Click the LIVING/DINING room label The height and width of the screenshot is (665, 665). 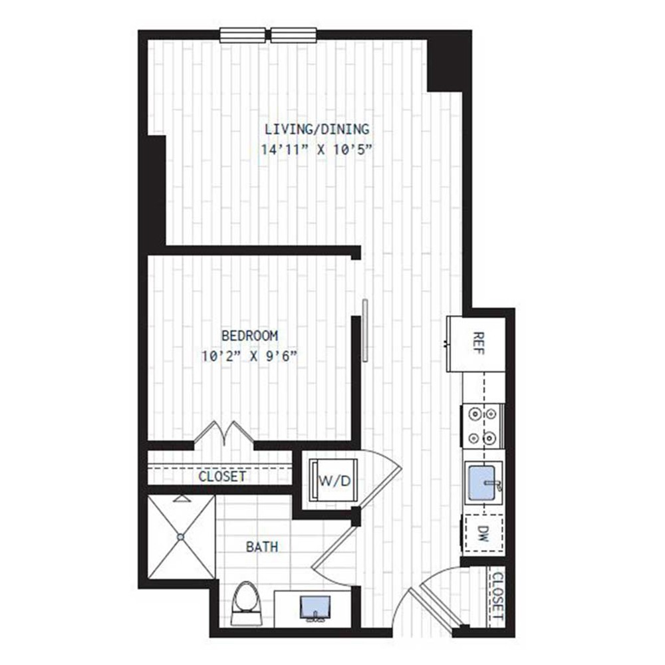[316, 129]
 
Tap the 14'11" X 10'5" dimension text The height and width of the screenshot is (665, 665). [316, 150]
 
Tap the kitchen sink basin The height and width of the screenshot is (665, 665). [482, 480]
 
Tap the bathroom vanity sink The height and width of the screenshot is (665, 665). [313, 607]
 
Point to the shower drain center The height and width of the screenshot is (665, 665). [180, 536]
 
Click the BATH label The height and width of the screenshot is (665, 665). [262, 547]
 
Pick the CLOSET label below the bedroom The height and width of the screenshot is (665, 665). [222, 476]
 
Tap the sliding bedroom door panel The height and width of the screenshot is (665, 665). [365, 331]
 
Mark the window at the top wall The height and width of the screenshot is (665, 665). [268, 35]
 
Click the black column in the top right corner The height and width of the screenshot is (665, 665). [448, 61]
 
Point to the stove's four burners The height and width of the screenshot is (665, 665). [482, 426]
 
